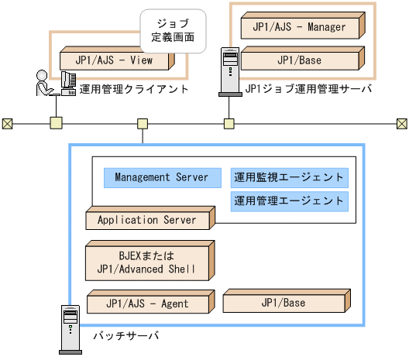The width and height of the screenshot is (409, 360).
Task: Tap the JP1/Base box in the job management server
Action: click(x=300, y=60)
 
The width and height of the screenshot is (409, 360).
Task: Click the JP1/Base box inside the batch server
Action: click(x=283, y=303)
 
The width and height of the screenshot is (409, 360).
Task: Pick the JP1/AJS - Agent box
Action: click(x=147, y=303)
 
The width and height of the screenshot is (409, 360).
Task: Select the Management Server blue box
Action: click(x=162, y=177)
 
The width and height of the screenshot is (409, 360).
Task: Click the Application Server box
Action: click(x=147, y=221)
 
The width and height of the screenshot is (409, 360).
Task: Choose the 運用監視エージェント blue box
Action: click(x=289, y=177)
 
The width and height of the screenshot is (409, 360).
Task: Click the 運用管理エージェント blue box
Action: click(x=289, y=201)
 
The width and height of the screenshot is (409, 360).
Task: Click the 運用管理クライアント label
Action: click(x=133, y=89)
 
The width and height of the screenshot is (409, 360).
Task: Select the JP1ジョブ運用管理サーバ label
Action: click(x=308, y=89)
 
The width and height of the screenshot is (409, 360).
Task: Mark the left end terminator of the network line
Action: click(x=8, y=123)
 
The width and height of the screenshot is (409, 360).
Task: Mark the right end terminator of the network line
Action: click(x=401, y=123)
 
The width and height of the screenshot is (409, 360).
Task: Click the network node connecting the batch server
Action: click(x=143, y=123)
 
